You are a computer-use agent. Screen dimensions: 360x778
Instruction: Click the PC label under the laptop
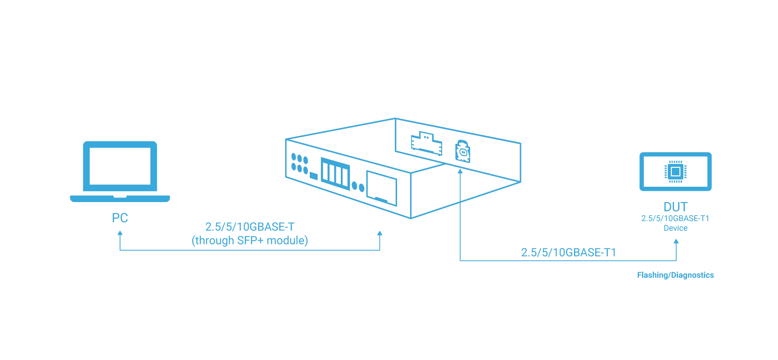[120, 218]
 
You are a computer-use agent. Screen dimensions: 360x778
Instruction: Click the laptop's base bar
[120, 198]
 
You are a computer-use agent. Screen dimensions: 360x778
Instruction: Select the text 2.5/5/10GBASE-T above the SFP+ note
[250, 227]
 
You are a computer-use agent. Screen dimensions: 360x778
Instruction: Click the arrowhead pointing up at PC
[120, 234]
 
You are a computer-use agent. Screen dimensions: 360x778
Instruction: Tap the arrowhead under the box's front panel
[380, 234]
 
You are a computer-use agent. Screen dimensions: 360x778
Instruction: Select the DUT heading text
[675, 207]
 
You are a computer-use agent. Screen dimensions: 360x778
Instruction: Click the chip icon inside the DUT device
[675, 171]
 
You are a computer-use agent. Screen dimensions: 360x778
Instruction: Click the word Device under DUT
[675, 228]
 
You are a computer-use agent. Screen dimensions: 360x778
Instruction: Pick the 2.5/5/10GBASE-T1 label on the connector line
[568, 252]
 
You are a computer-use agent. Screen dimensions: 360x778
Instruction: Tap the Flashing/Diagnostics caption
[675, 275]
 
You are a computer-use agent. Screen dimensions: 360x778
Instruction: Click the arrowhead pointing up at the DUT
[676, 242]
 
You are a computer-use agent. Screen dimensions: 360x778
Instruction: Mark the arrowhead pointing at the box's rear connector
[460, 172]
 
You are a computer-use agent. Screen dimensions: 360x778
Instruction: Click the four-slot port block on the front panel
[335, 173]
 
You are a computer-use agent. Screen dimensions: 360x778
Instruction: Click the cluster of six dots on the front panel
[299, 163]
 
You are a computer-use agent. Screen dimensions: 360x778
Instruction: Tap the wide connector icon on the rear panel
[426, 143]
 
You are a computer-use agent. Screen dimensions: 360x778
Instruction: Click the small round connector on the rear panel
[463, 151]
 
